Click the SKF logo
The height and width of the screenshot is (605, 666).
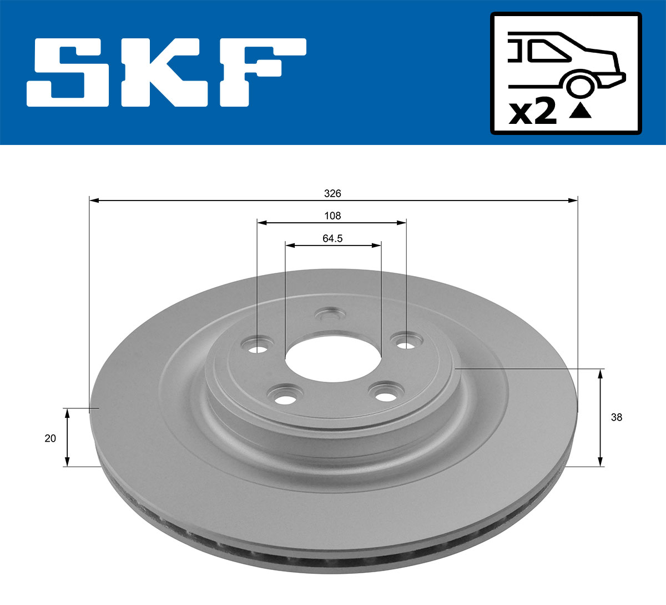(x=167, y=72)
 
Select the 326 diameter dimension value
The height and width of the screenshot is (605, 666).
(x=332, y=193)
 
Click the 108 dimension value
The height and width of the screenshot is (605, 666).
(x=332, y=216)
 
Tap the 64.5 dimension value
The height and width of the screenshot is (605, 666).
(x=332, y=238)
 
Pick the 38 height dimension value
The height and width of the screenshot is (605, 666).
(x=616, y=417)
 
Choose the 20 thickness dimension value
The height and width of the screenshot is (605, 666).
(x=50, y=438)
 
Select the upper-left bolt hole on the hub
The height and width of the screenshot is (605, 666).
(x=257, y=348)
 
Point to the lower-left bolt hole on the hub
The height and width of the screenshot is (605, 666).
(x=285, y=399)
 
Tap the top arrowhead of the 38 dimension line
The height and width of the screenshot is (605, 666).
(x=600, y=373)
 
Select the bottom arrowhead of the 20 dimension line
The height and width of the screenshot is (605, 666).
(x=67, y=462)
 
